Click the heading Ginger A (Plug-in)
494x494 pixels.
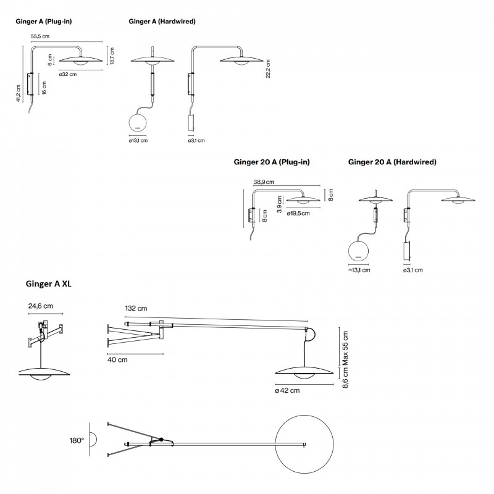[43, 20]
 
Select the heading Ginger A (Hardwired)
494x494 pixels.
[162, 20]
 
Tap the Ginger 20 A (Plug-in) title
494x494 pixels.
[272, 162]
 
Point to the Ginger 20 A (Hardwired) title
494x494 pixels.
[392, 162]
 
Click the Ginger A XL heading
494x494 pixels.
[51, 284]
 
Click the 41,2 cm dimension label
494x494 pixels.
[19, 93]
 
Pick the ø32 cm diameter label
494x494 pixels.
[68, 74]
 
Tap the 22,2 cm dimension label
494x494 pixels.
[268, 70]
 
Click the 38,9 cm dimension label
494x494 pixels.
[264, 182]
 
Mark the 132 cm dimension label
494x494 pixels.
[136, 308]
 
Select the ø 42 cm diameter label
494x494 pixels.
[287, 390]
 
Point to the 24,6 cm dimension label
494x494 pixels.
[40, 304]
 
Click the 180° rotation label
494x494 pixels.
[78, 441]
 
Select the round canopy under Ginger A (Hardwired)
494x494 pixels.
[138, 122]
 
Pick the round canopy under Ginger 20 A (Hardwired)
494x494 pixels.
[358, 251]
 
